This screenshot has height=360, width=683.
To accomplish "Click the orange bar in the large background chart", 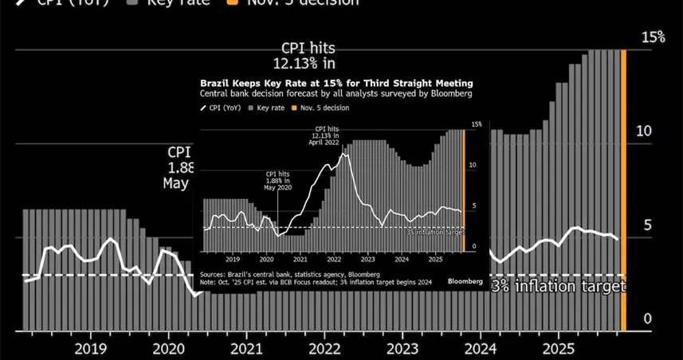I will coord(623,191).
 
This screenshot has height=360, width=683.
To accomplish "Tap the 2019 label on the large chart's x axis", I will coord(90,348).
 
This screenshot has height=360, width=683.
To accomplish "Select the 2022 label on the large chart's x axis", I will coord(324,348).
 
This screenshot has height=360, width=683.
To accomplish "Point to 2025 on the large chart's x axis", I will coord(559,348).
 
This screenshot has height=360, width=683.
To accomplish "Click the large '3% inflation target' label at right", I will coord(557,287).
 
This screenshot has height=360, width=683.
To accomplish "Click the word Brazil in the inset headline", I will coord(212,83).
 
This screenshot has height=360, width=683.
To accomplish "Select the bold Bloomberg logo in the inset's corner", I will coord(465,281).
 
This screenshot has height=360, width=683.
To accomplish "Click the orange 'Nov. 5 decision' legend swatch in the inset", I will coord(293,107).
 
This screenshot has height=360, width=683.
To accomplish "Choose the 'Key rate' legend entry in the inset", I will coord(268,107).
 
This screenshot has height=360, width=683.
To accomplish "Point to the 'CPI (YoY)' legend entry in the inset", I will coord(224,107).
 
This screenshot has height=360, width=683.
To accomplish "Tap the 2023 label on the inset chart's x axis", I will coord(367,259).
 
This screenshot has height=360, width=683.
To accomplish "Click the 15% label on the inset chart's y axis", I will coord(477,125).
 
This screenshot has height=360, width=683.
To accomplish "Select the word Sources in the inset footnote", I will coord(214,273).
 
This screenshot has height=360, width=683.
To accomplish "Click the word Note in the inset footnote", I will coord(209,280).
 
